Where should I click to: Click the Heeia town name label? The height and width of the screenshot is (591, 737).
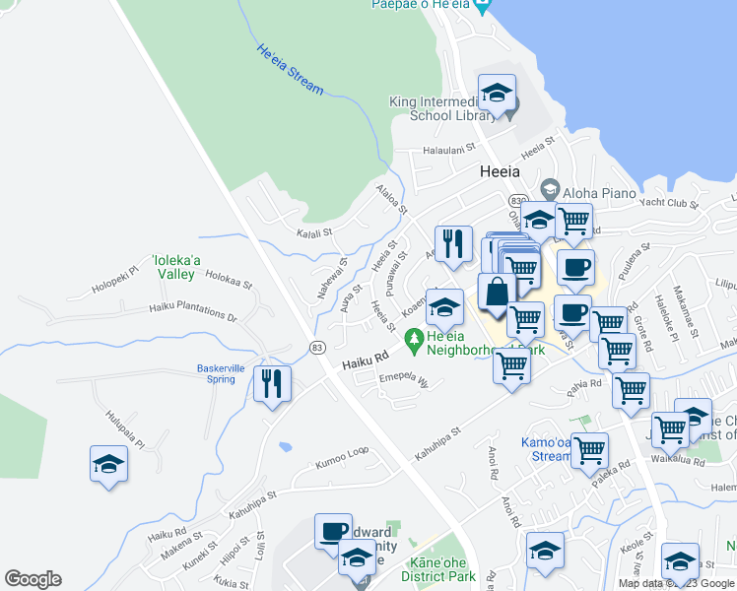499,171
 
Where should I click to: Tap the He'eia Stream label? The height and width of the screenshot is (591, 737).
290,70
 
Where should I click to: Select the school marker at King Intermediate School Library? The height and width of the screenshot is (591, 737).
497,95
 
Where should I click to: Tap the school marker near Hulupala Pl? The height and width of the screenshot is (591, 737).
108,464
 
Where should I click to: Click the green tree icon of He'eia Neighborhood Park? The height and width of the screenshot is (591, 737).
415,337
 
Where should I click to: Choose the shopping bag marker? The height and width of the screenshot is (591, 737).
497,293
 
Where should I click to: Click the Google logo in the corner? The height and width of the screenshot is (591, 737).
33,579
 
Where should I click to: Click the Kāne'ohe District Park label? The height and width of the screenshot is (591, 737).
439,569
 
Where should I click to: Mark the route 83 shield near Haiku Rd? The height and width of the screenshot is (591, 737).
316,348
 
